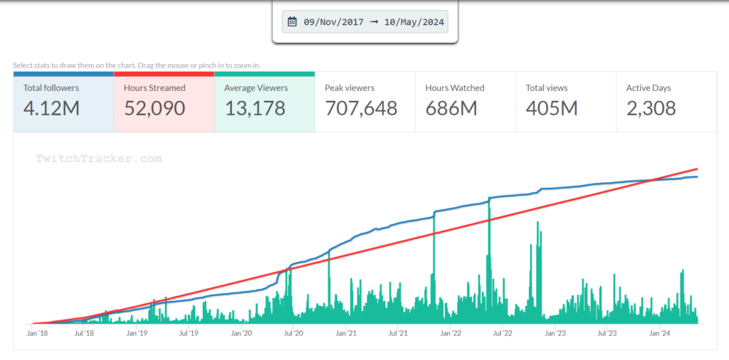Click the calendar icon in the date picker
[x=292, y=22]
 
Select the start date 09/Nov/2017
[x=333, y=22]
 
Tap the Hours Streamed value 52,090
[x=154, y=108]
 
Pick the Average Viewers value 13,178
[x=255, y=108]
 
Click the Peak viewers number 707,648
[x=361, y=108]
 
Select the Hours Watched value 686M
[x=451, y=108]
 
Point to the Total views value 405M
[x=552, y=108]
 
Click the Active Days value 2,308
[x=651, y=108]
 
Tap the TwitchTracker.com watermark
[x=99, y=159]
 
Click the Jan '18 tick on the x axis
[x=38, y=332]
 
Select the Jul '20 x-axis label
[x=294, y=332]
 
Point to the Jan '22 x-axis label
[x=451, y=332]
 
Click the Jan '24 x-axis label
[x=659, y=332]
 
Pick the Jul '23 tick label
[x=607, y=332]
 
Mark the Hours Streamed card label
[x=154, y=88]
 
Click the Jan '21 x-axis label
[x=346, y=332]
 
